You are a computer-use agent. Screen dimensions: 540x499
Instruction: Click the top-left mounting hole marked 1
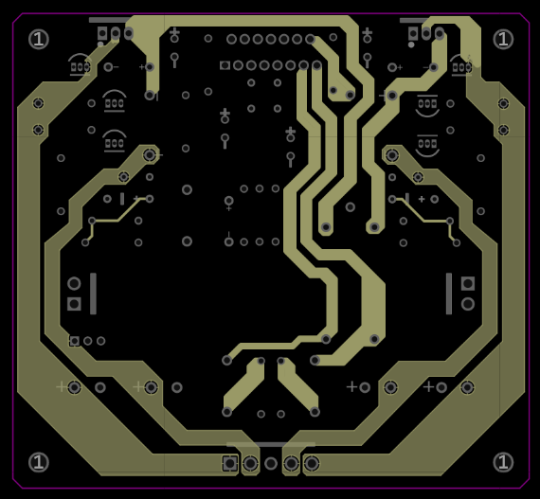point(39,39)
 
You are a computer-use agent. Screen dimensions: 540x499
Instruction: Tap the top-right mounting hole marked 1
point(503,39)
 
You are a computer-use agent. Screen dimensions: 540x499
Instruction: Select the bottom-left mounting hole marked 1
point(39,462)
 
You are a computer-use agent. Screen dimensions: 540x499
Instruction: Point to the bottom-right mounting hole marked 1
point(503,462)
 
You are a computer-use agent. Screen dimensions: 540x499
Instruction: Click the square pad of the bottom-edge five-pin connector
point(229,463)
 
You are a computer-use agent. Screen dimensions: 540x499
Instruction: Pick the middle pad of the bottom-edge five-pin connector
point(271,463)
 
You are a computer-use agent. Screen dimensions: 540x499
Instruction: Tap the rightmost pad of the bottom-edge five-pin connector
point(312,463)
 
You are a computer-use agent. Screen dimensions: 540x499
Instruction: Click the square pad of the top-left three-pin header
point(102,33)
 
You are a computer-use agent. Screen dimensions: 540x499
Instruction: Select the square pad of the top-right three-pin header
point(413,33)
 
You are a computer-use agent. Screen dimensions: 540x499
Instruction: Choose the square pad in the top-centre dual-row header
point(225,65)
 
